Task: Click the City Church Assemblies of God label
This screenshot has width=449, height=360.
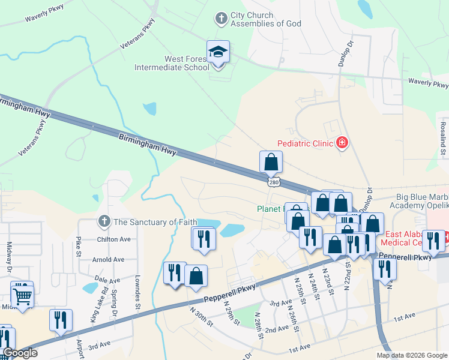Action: point(252,20)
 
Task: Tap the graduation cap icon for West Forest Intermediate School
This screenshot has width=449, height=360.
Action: point(218,52)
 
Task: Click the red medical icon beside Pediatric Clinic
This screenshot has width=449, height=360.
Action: point(342,143)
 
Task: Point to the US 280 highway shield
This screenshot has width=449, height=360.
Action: point(273,181)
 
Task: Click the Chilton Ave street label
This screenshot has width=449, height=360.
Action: point(113,239)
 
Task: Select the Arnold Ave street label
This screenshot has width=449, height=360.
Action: point(109,260)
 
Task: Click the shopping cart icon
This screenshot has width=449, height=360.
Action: point(22,295)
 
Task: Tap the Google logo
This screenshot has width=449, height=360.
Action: point(19,353)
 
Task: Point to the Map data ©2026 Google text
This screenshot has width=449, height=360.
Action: point(412,355)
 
